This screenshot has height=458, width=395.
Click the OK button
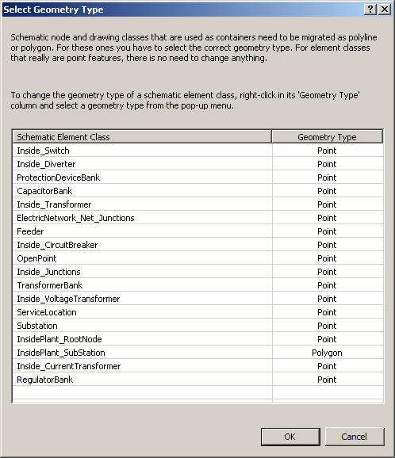pos(290,437)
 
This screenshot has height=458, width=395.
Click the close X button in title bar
pos(384,10)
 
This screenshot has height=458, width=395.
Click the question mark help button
pos(370,10)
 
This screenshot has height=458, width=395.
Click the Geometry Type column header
pos(327,137)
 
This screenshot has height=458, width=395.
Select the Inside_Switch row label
pos(43,151)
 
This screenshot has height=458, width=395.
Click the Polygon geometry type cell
pos(327,353)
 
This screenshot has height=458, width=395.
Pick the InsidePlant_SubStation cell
pos(61,353)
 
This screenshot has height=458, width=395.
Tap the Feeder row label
pos(30,231)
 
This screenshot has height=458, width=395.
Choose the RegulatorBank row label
pos(44,380)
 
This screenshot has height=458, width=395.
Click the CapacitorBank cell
pos(44,191)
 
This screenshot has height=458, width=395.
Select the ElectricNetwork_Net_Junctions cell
pos(75,218)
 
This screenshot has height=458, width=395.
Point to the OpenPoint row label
pos(36,258)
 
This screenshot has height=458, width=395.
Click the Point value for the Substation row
pos(327,326)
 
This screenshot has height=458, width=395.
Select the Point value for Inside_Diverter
pos(327,164)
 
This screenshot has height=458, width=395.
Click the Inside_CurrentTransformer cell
pos(69,366)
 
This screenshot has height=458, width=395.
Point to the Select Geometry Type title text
pos(53,10)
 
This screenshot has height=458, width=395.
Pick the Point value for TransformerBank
pos(327,285)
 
